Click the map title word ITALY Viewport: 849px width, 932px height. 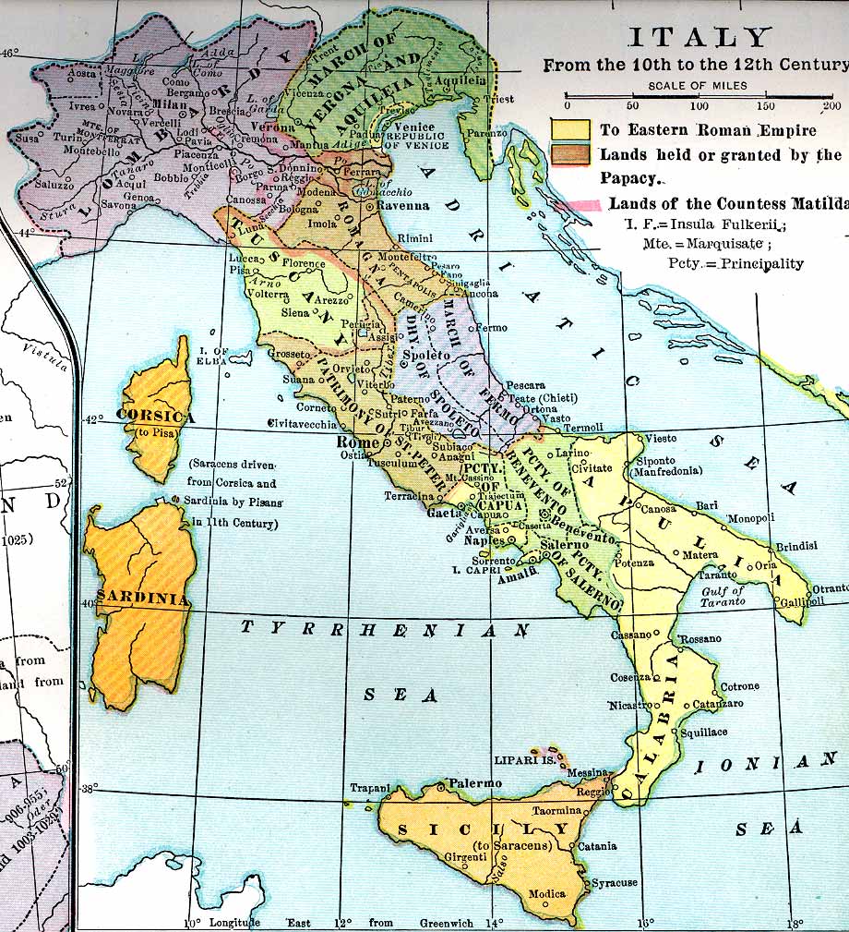(x=699, y=38)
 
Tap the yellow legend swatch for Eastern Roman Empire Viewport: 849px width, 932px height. (x=568, y=129)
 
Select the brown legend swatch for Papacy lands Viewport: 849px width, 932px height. (x=568, y=153)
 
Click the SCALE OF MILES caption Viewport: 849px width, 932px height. (x=698, y=86)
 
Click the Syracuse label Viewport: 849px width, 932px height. (x=614, y=883)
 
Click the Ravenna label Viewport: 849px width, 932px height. (x=400, y=206)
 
